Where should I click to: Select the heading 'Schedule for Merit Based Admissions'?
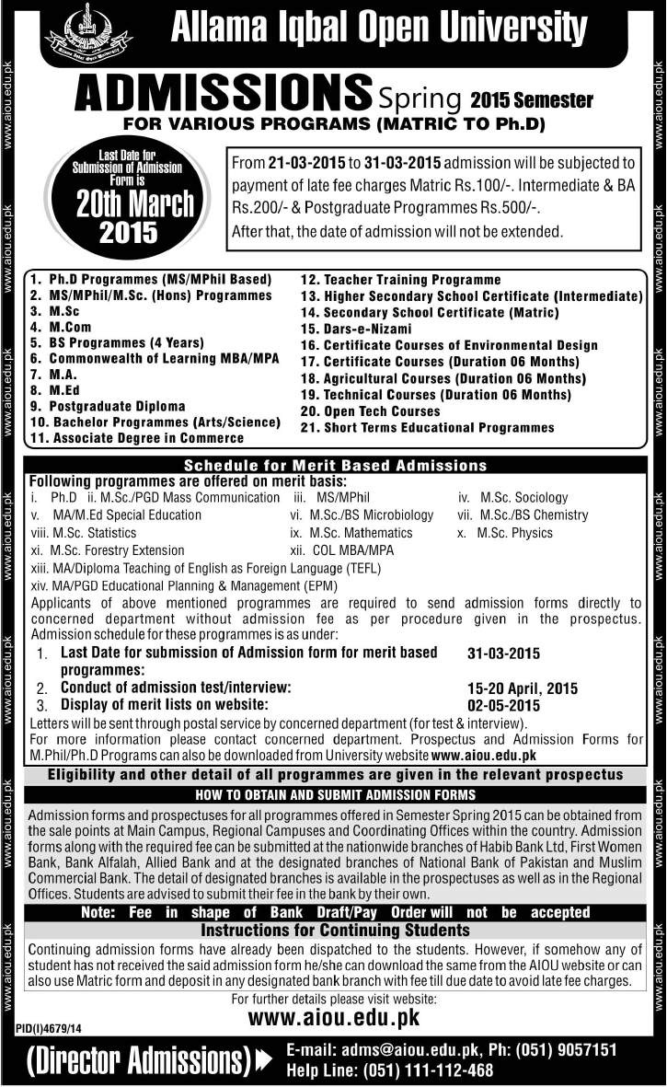click(x=334, y=466)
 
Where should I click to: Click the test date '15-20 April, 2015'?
click(x=523, y=688)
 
